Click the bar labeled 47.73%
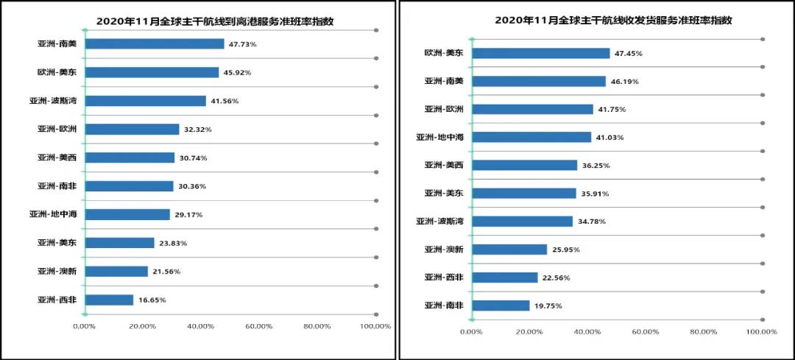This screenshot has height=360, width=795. click(x=155, y=44)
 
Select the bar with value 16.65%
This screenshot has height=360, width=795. click(x=110, y=300)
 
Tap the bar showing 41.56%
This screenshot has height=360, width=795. click(x=146, y=101)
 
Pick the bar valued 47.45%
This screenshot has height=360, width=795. click(x=540, y=53)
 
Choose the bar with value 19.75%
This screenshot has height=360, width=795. click(x=501, y=306)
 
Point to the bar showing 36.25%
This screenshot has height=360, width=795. click(x=524, y=165)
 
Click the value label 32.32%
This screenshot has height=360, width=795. click(x=198, y=130)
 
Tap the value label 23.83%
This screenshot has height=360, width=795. click(x=173, y=243)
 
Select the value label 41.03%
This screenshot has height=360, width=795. click(x=610, y=138)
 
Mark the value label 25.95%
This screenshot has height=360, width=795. click(x=566, y=250)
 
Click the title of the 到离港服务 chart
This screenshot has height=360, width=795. click(x=215, y=21)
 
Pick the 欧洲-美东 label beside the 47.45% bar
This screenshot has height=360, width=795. click(x=444, y=53)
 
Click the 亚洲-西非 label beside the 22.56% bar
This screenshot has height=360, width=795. click(x=444, y=278)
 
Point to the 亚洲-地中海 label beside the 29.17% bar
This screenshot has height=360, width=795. click(x=54, y=214)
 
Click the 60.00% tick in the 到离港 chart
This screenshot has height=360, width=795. click(x=258, y=326)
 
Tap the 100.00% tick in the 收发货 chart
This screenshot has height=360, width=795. click(x=761, y=331)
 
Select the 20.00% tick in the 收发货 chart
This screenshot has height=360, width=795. click(x=529, y=331)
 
